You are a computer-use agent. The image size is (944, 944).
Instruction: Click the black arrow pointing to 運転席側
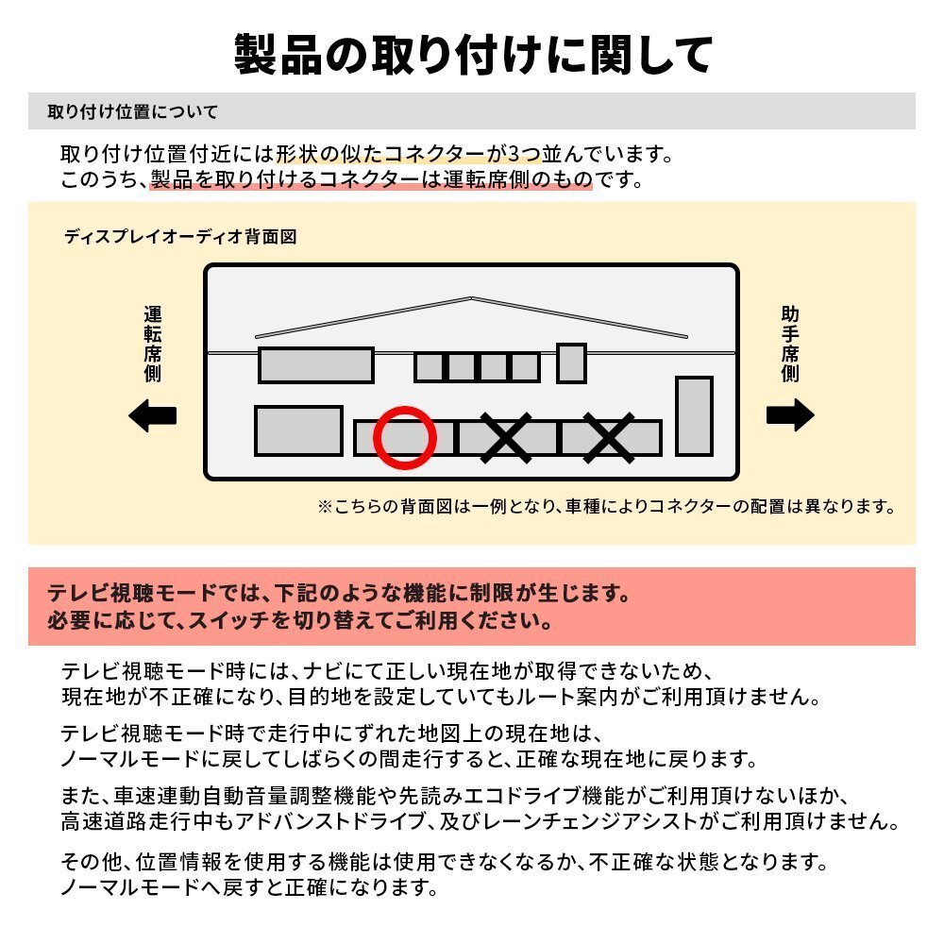click(153, 415)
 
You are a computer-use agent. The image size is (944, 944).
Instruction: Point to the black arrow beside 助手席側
click(789, 415)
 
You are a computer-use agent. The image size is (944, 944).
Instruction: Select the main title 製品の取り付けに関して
click(472, 55)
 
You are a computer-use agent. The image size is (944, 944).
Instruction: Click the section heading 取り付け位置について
click(133, 112)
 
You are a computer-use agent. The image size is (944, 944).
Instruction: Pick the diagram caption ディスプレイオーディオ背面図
click(180, 237)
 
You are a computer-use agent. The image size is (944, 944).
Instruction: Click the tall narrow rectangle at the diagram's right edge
click(694, 416)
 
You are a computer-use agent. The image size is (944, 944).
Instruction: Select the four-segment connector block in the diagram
click(478, 366)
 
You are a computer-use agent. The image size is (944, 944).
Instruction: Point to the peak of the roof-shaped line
click(471, 298)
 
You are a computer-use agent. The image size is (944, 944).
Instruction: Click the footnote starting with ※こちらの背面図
click(605, 507)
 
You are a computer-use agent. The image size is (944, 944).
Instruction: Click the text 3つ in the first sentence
click(525, 153)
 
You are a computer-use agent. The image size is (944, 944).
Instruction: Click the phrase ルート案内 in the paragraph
click(588, 698)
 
